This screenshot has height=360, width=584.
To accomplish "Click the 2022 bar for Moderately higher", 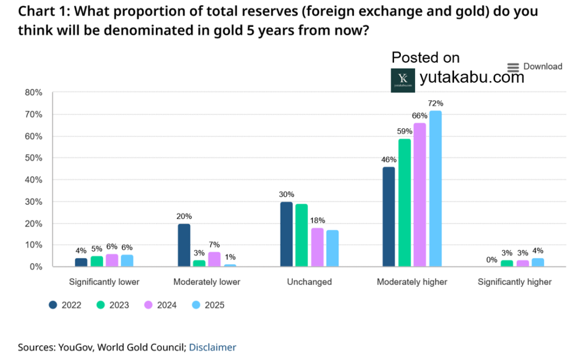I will tap(388, 217).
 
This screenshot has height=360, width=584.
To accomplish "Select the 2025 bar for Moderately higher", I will tap(435, 188).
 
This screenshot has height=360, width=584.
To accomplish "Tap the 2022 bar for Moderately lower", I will tap(183, 245).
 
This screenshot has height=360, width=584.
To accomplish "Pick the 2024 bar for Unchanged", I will tap(317, 247).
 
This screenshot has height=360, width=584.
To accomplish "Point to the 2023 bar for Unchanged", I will tap(302, 235).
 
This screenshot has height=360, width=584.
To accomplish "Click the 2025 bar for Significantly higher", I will tap(538, 262).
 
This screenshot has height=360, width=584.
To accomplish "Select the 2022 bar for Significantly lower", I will tap(82, 262).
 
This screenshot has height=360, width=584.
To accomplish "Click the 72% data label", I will tap(436, 103).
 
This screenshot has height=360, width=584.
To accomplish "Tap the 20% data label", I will tap(184, 216).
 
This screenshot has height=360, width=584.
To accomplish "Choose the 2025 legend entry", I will tap(208, 305).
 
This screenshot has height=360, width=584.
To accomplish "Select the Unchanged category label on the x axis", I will tap(310, 282).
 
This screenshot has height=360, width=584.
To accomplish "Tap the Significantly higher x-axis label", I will tap(514, 282).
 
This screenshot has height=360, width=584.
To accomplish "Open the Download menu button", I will tap(534, 67).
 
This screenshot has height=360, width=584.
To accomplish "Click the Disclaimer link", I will tap(212, 347).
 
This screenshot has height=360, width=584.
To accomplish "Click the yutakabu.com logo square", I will tap(403, 80).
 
